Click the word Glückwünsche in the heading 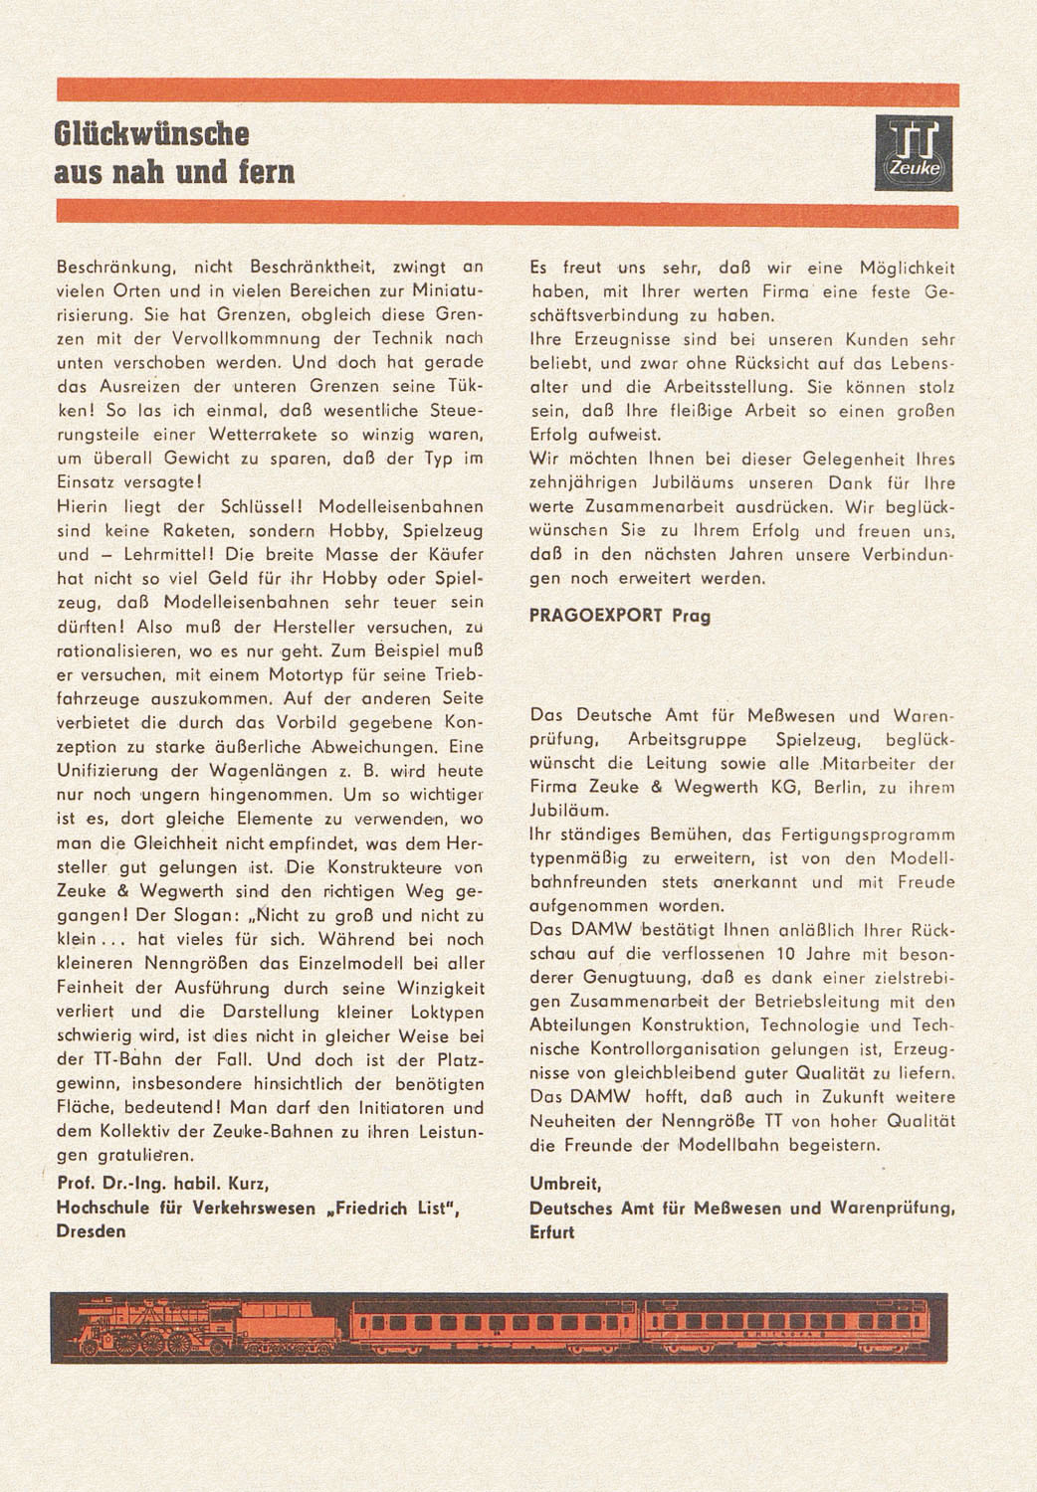pyautogui.click(x=151, y=134)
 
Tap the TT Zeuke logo pyautogui.click(x=913, y=152)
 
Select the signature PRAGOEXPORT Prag pyautogui.click(x=619, y=616)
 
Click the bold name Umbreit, pyautogui.click(x=565, y=1184)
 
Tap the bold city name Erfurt pyautogui.click(x=551, y=1231)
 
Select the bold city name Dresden pyautogui.click(x=92, y=1231)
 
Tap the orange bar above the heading pyautogui.click(x=508, y=93)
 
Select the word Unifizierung pyautogui.click(x=107, y=771)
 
